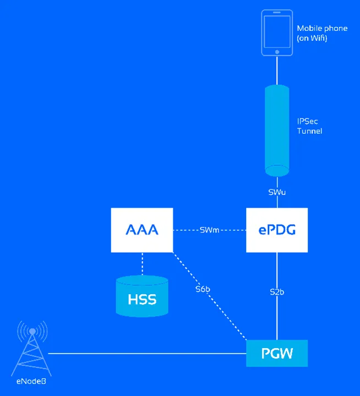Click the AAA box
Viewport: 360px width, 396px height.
pos(142,230)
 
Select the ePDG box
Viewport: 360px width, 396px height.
pos(277,230)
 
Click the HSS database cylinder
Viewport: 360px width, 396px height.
pos(142,298)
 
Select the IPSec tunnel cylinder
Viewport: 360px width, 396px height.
pos(277,128)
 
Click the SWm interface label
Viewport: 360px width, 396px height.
pos(210,230)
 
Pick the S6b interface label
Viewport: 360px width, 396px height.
pos(202,288)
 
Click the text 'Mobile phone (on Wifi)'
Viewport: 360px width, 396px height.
pos(322,32)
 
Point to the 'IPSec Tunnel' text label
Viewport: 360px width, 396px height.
pos(309,126)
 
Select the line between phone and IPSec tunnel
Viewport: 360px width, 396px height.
pos(277,70)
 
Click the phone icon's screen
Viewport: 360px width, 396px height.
pos(277,30)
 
